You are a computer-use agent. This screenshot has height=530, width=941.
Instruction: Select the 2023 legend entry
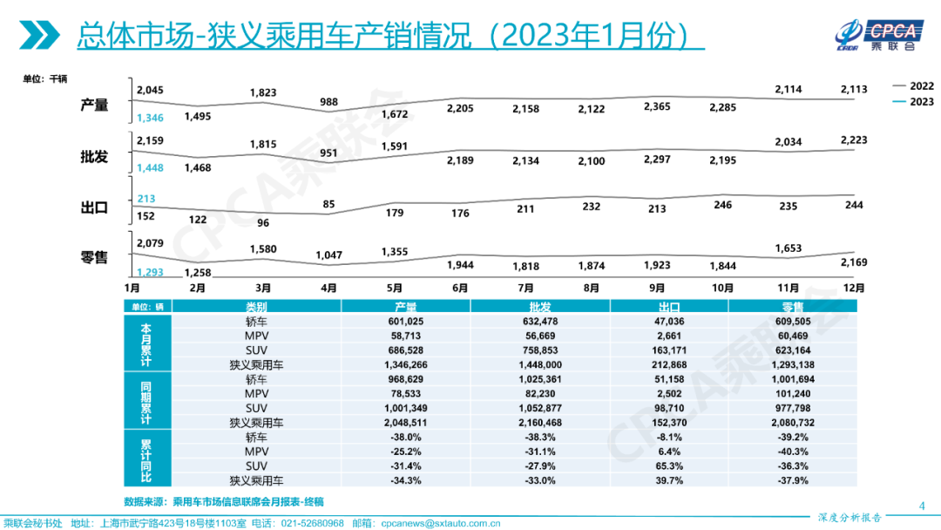[x=912, y=102]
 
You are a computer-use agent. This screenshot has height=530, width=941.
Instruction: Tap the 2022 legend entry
[x=912, y=86]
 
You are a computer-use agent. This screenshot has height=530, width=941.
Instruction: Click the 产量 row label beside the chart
[x=94, y=105]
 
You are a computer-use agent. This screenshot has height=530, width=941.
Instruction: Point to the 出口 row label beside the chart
[x=94, y=207]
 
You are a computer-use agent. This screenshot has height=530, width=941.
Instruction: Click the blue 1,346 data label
[x=150, y=118]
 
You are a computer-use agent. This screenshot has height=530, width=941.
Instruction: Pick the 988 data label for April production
[x=328, y=102]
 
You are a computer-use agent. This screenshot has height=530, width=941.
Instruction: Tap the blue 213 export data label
[x=146, y=199]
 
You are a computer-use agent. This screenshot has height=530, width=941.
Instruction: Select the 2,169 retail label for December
[x=854, y=262]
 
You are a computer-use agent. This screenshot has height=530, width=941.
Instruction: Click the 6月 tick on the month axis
[x=460, y=287]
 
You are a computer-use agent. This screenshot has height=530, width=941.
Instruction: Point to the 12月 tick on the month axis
[x=854, y=287]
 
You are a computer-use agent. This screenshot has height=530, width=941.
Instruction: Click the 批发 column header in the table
[x=540, y=307]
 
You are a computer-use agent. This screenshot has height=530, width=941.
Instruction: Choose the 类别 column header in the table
[x=255, y=307]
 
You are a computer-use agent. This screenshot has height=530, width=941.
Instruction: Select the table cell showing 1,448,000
[x=540, y=364]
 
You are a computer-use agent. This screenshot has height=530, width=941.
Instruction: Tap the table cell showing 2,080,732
[x=792, y=422]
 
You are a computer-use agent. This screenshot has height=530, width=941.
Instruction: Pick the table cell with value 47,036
[x=669, y=322]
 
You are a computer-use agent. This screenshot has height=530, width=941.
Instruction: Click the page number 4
[x=922, y=505]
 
